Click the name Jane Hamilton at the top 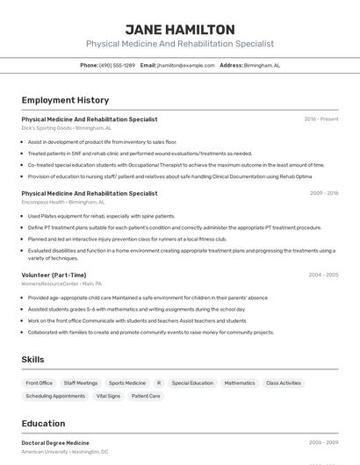click(180, 29)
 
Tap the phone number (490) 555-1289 click(117, 65)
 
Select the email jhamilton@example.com click(185, 65)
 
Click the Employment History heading click(65, 100)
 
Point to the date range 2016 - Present click(320, 118)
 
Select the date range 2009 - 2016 click(323, 193)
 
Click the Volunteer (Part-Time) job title click(54, 275)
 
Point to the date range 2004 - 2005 click(323, 275)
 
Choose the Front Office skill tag click(40, 383)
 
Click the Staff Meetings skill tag click(81, 383)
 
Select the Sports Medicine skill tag click(127, 383)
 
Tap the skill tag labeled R click(159, 383)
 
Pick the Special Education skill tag click(192, 383)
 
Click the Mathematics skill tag click(240, 383)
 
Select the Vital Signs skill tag click(108, 396)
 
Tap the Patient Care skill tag click(146, 396)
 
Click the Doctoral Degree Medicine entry click(55, 443)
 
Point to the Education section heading click(44, 424)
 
